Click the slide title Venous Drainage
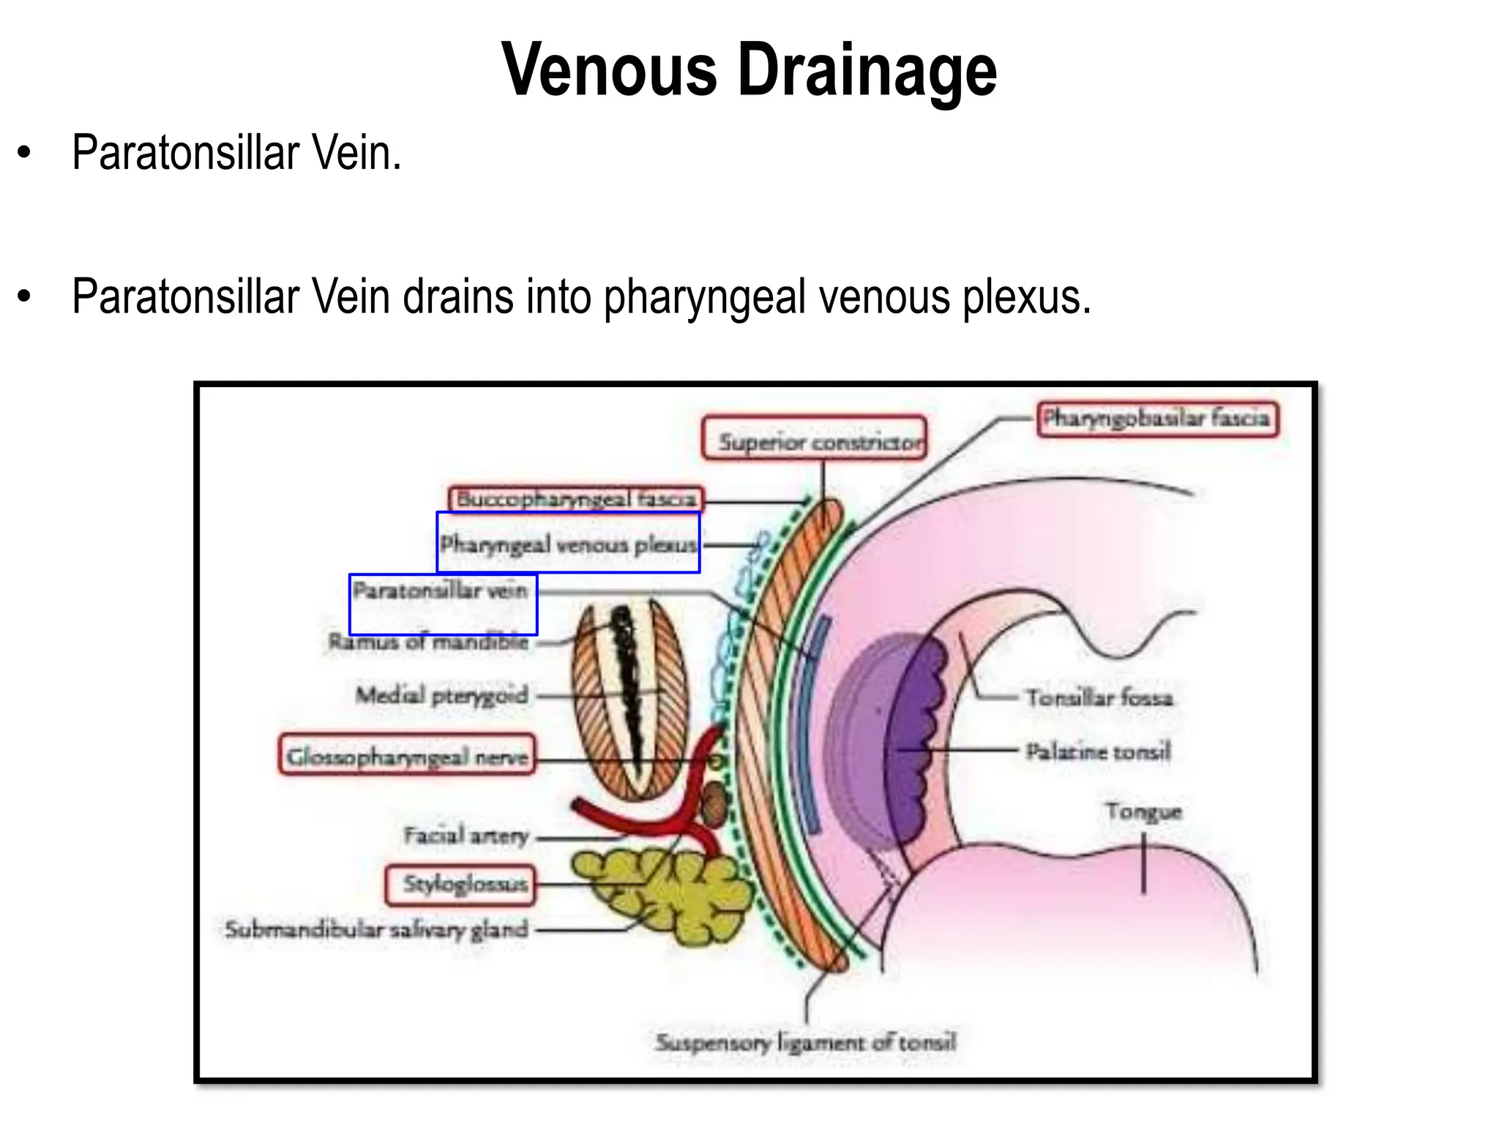click(x=749, y=70)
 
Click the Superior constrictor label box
click(x=814, y=438)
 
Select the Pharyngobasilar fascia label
click(x=1158, y=419)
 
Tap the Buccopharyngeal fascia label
click(x=576, y=499)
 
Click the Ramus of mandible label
click(x=429, y=642)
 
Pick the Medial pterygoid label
click(x=442, y=694)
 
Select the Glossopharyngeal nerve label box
click(x=407, y=755)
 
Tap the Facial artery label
click(x=466, y=835)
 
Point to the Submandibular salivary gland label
click(x=377, y=929)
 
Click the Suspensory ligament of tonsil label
click(x=806, y=1042)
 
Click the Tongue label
click(x=1143, y=812)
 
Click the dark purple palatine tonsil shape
click(x=915, y=739)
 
